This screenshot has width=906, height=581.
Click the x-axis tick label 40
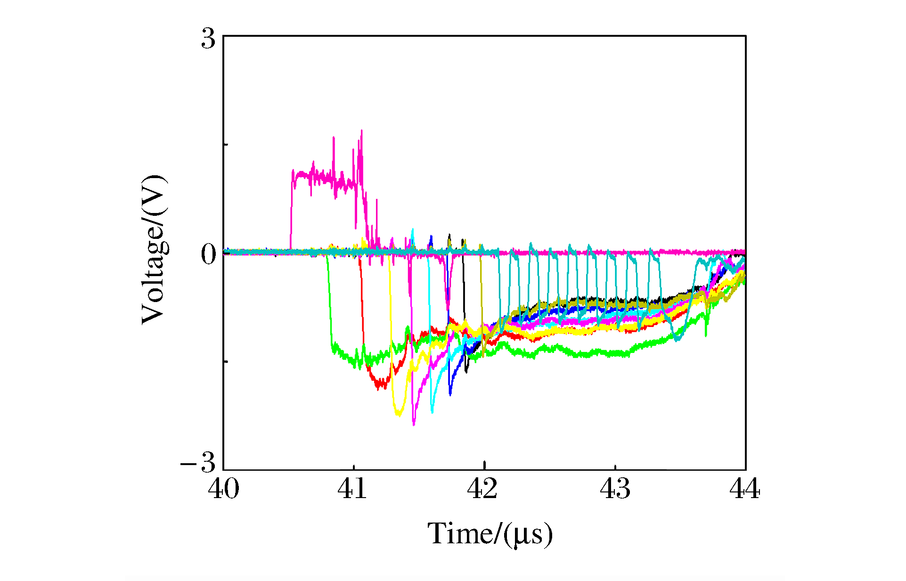[223, 489]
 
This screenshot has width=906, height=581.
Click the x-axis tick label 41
[352, 489]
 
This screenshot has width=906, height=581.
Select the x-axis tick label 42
[482, 489]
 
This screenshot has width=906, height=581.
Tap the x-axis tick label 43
[615, 489]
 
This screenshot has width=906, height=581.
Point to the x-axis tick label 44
[744, 489]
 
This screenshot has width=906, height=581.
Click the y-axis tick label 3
[208, 39]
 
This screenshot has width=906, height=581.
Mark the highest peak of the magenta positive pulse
[361, 131]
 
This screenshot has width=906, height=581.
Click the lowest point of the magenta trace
[414, 425]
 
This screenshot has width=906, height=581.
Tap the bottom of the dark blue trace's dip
[450, 394]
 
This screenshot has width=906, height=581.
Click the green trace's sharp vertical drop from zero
[329, 302]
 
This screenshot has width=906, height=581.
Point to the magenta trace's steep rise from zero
[291, 212]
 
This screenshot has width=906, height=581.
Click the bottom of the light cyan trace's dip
[432, 412]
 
